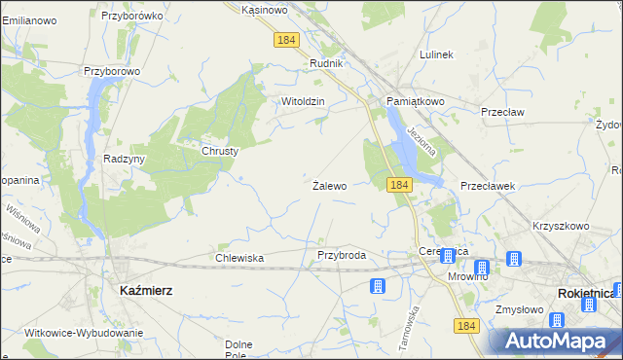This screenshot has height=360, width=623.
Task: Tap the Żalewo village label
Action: point(329,185)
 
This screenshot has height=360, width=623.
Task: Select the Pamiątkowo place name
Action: point(415,101)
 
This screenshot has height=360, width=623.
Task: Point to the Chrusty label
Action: point(220,151)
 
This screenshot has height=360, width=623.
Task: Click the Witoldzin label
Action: point(302,101)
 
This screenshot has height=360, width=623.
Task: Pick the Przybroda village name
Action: point(342,255)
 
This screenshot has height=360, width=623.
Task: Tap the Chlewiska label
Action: point(239,258)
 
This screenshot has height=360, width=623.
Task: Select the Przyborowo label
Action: point(112,71)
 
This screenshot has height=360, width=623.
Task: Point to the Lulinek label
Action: point(436,54)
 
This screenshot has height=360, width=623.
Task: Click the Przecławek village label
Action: point(487,185)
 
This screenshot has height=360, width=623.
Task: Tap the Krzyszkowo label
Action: point(561,226)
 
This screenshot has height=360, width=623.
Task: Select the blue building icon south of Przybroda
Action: point(377,286)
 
